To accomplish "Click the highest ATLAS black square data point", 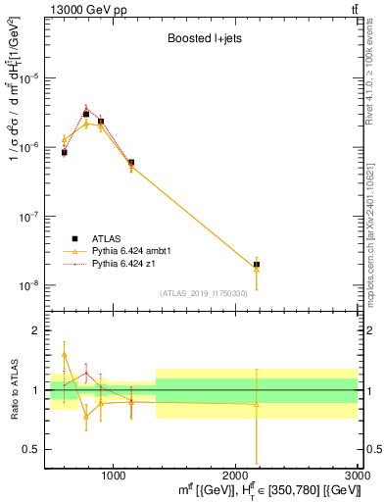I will tap(86, 114).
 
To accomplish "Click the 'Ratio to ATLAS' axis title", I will tap(13, 389).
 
